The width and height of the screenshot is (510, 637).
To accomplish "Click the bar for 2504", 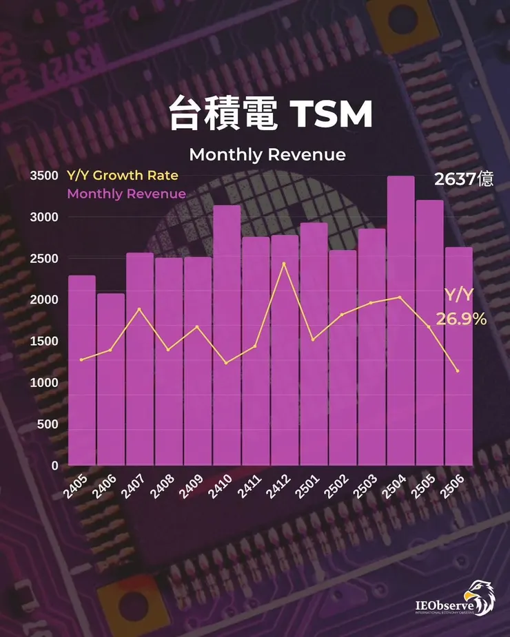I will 400,320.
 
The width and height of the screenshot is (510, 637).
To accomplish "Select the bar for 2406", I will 111,379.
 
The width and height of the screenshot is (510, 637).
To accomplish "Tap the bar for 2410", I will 227,335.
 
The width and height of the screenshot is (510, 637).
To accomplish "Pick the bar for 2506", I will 458,355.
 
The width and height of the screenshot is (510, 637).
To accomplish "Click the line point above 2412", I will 284,264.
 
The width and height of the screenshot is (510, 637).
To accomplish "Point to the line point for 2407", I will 140,309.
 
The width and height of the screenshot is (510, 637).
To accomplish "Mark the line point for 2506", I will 458,371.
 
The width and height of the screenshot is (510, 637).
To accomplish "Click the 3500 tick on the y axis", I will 43,176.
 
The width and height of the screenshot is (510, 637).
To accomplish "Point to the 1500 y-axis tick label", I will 43,342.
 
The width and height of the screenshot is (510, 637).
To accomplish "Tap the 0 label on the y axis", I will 54,466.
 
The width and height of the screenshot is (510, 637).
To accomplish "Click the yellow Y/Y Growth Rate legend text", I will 122,176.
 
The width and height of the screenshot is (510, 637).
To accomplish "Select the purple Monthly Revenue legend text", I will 126,194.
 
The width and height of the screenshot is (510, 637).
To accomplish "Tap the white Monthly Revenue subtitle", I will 267,154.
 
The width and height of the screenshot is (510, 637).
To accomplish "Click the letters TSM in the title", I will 331,115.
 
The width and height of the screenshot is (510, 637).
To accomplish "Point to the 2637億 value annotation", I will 463,180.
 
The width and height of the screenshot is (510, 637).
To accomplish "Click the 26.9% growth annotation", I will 461,320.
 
